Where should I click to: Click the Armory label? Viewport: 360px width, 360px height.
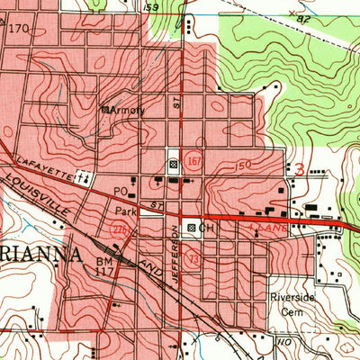click(129, 109)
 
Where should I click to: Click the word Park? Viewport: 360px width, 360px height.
click(124, 211)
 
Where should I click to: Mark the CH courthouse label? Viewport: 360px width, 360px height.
click(208, 229)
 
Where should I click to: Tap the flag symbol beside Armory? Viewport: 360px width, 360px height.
click(105, 109)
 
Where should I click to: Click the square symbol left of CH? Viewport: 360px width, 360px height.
click(190, 229)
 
